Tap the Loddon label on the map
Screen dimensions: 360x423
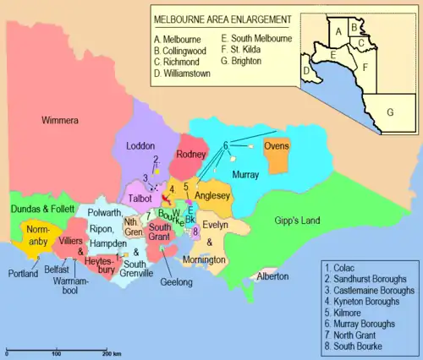point(140,145)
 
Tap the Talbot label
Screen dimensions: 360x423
point(140,198)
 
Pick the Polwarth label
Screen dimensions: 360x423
point(104,215)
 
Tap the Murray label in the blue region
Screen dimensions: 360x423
point(244,173)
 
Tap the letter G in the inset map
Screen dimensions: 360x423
point(390,112)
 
